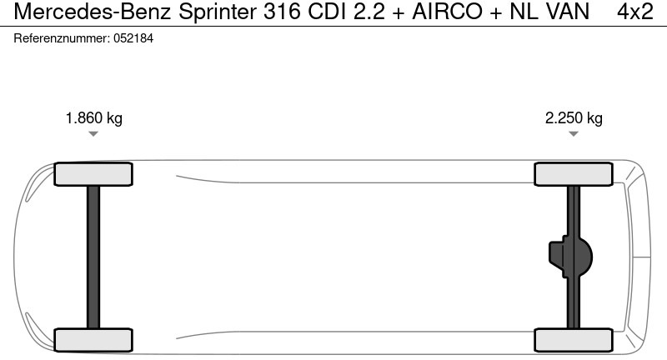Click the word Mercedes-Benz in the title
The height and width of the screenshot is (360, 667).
click(93, 12)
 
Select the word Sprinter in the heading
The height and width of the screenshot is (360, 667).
click(218, 12)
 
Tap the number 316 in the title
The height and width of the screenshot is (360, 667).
click(282, 12)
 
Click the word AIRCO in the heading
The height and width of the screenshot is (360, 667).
click(448, 12)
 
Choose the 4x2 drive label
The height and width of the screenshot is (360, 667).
click(635, 12)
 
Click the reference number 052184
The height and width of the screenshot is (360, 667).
click(133, 38)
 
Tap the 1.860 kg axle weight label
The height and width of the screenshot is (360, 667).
click(94, 118)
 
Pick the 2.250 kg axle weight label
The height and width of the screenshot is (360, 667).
click(574, 118)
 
